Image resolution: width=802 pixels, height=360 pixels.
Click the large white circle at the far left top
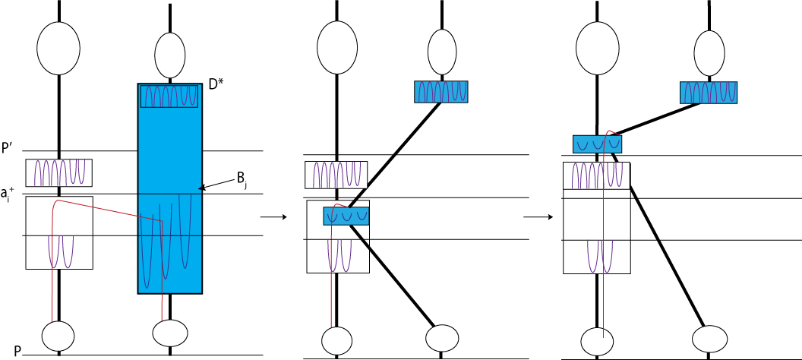[x=58, y=49]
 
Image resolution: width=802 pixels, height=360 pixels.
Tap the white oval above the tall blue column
[x=170, y=55]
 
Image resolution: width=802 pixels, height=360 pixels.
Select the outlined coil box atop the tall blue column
[x=169, y=96]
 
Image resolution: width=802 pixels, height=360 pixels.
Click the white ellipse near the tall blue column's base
[x=170, y=333]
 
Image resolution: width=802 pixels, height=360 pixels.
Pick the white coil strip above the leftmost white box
[x=58, y=172]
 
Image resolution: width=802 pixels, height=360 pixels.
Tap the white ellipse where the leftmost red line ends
[x=58, y=336]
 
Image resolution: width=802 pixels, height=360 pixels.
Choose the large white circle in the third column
[x=337, y=48]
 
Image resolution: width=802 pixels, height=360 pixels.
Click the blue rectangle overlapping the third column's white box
[x=346, y=216]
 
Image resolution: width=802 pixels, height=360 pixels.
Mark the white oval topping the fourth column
[x=442, y=52]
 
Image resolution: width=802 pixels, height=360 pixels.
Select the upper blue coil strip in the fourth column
[x=440, y=91]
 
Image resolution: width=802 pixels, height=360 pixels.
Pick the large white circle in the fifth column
[x=598, y=49]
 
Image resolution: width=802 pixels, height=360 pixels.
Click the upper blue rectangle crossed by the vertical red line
[x=597, y=144]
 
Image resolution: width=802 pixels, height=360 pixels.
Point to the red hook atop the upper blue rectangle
[x=611, y=132]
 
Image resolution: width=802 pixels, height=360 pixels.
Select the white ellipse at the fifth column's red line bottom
[x=597, y=341]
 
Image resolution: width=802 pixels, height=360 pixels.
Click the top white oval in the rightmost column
[x=709, y=53]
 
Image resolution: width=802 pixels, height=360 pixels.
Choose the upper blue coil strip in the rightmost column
[x=708, y=92]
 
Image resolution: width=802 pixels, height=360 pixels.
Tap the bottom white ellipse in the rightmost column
[x=709, y=339]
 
